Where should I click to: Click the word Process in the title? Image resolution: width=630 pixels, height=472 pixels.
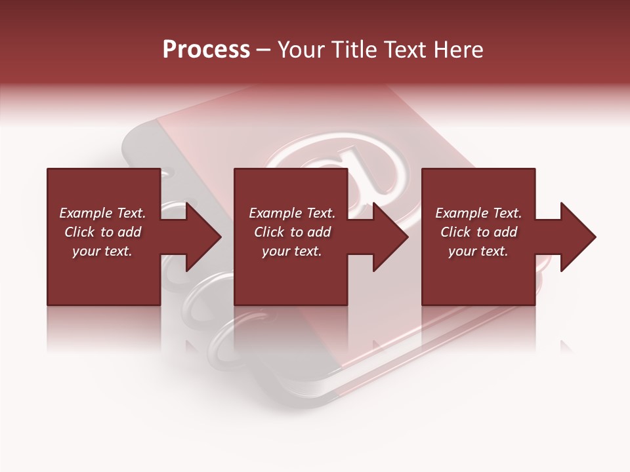pos(206,50)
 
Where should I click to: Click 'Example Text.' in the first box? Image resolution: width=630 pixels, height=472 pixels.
pos(102,213)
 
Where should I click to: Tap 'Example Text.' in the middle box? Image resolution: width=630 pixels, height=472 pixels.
pos(292,213)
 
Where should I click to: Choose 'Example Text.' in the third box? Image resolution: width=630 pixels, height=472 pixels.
pos(478,213)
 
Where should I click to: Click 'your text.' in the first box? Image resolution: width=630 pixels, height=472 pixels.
pos(102,251)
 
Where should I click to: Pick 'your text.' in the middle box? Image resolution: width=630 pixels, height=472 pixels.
pos(292,251)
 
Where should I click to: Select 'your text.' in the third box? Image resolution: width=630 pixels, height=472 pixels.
pos(478,251)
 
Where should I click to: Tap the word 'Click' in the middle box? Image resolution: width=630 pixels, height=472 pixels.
pos(269,232)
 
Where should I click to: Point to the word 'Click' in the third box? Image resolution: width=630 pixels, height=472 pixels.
pos(455,232)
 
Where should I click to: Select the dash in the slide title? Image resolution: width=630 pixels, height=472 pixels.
pos(264,50)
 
